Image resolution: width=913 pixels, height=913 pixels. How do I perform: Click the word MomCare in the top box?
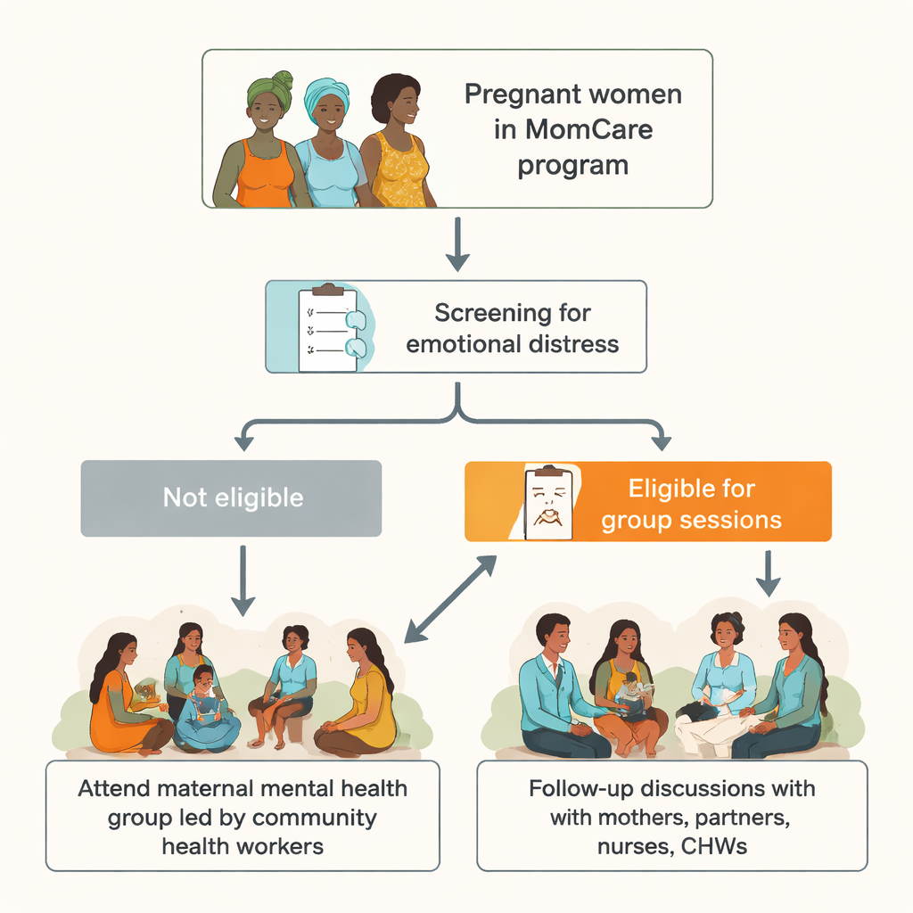(588, 129)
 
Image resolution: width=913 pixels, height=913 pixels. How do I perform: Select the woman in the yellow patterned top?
(397, 140)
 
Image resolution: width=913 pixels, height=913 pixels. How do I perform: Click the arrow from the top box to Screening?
(457, 244)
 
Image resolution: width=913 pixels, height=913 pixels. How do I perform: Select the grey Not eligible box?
(231, 498)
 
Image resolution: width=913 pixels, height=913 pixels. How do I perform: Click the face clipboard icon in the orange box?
(548, 503)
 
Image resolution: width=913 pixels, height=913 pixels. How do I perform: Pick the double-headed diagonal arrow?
(450, 598)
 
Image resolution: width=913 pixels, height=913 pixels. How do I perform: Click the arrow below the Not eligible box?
(243, 580)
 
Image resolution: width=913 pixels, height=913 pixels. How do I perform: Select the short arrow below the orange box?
(768, 573)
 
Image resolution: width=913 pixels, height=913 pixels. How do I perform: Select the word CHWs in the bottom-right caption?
(714, 847)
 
